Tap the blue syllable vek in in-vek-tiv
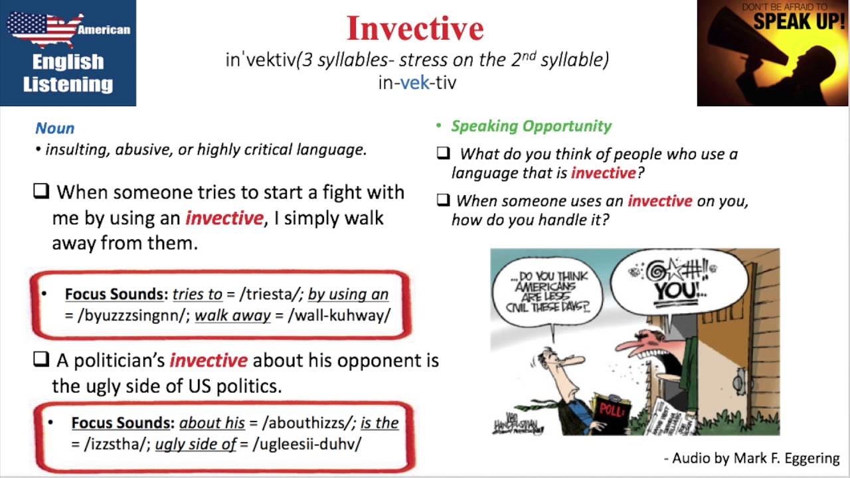(415, 83)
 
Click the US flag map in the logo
(43, 28)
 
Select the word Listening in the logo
(68, 84)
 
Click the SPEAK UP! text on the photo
(800, 21)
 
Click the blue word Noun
(54, 128)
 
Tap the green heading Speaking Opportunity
(531, 126)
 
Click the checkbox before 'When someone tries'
(41, 192)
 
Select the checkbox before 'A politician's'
(41, 360)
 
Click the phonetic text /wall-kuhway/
(339, 315)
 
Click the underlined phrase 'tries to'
(197, 294)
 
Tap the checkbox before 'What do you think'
(443, 153)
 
